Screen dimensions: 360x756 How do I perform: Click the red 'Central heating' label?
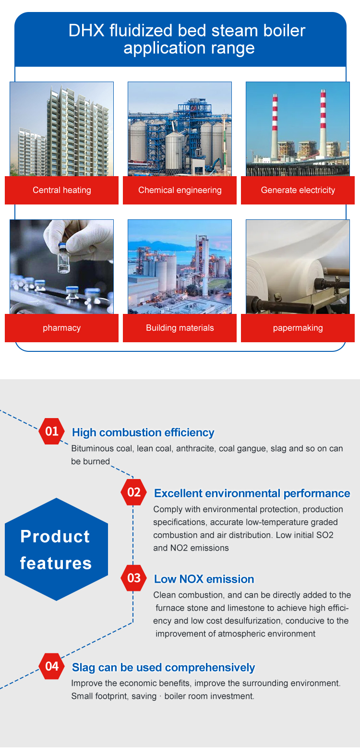coord(62,190)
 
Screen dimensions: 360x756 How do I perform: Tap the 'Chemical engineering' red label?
coord(180,190)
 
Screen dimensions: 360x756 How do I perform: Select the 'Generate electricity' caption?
coord(298,190)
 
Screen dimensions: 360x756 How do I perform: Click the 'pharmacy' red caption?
coord(62,328)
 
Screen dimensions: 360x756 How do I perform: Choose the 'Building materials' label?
coord(180,328)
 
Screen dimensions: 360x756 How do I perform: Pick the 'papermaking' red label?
coord(298,328)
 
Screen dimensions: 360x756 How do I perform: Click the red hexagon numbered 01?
coord(52,431)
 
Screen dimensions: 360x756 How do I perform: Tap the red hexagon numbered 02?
coord(133,492)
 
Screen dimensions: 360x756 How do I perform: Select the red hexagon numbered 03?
coord(133,578)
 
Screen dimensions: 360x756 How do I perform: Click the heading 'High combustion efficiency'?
coord(143,432)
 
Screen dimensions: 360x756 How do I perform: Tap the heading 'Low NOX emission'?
coord(204,579)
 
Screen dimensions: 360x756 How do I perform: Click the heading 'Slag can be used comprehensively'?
coord(163,667)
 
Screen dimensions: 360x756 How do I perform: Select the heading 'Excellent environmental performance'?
coord(252,493)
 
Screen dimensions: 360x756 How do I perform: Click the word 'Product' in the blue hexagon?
coord(55,536)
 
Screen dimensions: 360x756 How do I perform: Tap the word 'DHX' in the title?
coord(86,30)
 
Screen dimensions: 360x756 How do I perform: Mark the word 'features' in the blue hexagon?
coord(56,563)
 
